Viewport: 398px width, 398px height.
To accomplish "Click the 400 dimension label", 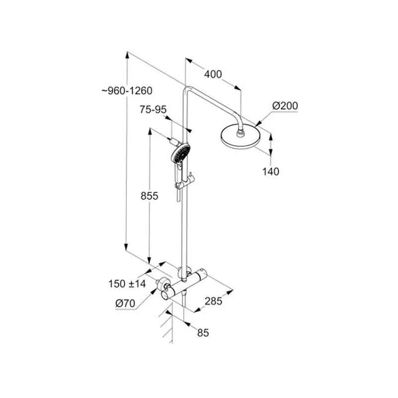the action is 213,74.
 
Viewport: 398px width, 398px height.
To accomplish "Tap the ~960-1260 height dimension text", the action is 127,91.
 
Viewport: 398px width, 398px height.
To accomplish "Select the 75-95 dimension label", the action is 153,109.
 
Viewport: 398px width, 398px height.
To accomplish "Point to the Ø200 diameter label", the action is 285,105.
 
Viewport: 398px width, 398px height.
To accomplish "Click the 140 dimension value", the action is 271,172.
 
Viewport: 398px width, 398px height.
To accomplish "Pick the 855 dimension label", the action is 149,196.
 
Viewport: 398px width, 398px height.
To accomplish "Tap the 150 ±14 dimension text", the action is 127,284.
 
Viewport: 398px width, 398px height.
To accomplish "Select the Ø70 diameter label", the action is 125,303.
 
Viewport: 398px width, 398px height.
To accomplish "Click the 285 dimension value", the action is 213,301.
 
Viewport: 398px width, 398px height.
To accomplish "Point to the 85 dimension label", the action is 203,333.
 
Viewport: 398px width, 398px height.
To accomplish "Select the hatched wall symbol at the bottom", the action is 166,327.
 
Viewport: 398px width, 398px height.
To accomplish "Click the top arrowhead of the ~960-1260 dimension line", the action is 127,55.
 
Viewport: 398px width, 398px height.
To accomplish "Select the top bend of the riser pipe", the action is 187,90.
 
